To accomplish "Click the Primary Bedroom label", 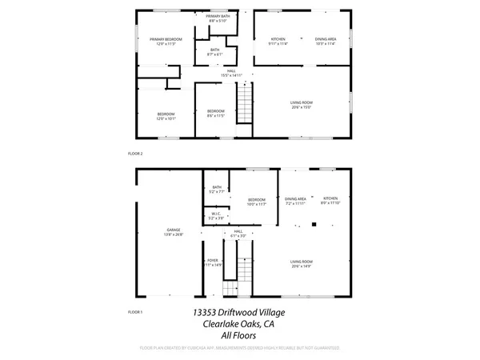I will pyautogui.click(x=166, y=39).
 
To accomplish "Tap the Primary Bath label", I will pyautogui.click(x=218, y=16).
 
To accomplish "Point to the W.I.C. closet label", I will pyautogui.click(x=216, y=214).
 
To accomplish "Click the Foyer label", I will pyautogui.click(x=213, y=260).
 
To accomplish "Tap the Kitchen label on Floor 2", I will pyautogui.click(x=278, y=38).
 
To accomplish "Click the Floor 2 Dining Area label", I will pyautogui.click(x=325, y=38).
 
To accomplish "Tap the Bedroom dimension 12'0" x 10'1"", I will pyautogui.click(x=166, y=119).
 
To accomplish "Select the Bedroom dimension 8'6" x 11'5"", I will pyautogui.click(x=216, y=115).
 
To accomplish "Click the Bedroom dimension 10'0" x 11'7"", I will pyautogui.click(x=256, y=204).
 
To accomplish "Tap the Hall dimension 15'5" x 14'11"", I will pyautogui.click(x=231, y=75).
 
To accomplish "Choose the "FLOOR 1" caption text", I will pyautogui.click(x=135, y=311).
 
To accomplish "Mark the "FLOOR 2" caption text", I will pyautogui.click(x=135, y=152).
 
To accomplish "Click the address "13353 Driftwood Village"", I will pyautogui.click(x=239, y=313).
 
